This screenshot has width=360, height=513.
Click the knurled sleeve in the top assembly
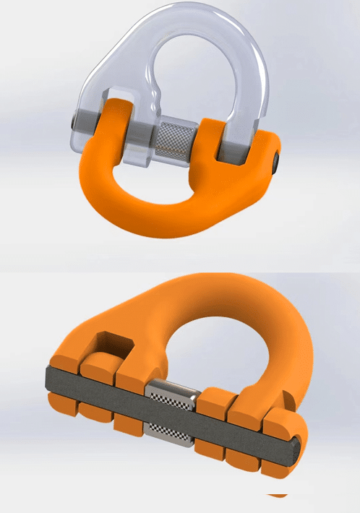pyautogui.click(x=173, y=137)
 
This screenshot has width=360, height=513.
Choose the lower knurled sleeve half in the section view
pyautogui.click(x=172, y=431)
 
